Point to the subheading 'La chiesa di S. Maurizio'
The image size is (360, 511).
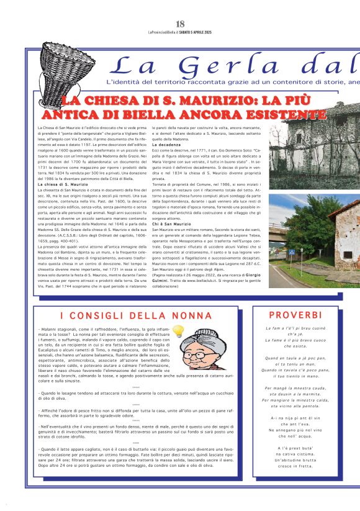coord(63,185)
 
